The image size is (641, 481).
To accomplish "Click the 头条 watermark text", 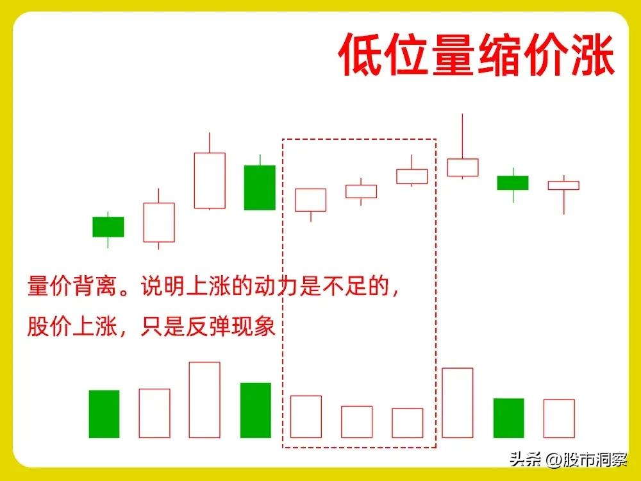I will [523, 459].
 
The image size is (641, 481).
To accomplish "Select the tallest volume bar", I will [204, 400].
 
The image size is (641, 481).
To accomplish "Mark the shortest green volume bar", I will [508, 418].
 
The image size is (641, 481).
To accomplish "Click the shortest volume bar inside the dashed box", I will [408, 423].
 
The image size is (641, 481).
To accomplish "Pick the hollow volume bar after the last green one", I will [559, 418].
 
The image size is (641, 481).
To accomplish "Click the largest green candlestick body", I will [260, 187].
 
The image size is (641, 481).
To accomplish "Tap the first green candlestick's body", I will [108, 226].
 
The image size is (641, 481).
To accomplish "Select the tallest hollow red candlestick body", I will [210, 180].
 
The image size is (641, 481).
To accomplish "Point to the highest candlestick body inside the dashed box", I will [412, 176].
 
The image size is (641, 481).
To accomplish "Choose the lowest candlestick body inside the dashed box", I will [310, 199].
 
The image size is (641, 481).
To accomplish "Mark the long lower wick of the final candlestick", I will [564, 202].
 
